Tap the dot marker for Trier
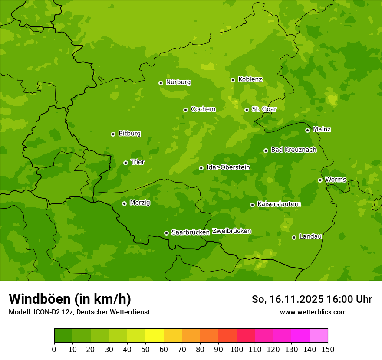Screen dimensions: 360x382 [x=125, y=163]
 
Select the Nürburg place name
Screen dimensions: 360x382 [x=178, y=82]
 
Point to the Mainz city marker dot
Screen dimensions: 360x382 [x=307, y=130]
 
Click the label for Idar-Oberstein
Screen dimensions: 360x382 [x=228, y=167]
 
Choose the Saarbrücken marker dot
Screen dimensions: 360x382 [x=166, y=233]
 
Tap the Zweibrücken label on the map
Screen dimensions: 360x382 [x=231, y=231]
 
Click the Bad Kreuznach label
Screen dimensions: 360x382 [x=293, y=150]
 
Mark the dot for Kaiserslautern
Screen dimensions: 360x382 [x=252, y=205]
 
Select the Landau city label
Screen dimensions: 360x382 [x=310, y=237]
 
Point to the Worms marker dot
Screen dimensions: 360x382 [x=320, y=180]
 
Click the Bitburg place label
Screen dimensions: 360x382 [x=129, y=134]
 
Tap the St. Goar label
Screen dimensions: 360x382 [x=264, y=109]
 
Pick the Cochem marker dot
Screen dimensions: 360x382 [x=185, y=110]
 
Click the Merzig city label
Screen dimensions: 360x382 [x=140, y=203]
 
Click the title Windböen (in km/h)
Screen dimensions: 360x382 [x=70, y=299]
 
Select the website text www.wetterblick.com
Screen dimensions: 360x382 [x=313, y=312]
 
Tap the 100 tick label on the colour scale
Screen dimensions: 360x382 [x=237, y=349]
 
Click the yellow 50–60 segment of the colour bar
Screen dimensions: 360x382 [x=154, y=336]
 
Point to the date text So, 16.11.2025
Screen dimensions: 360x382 [x=287, y=299]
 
